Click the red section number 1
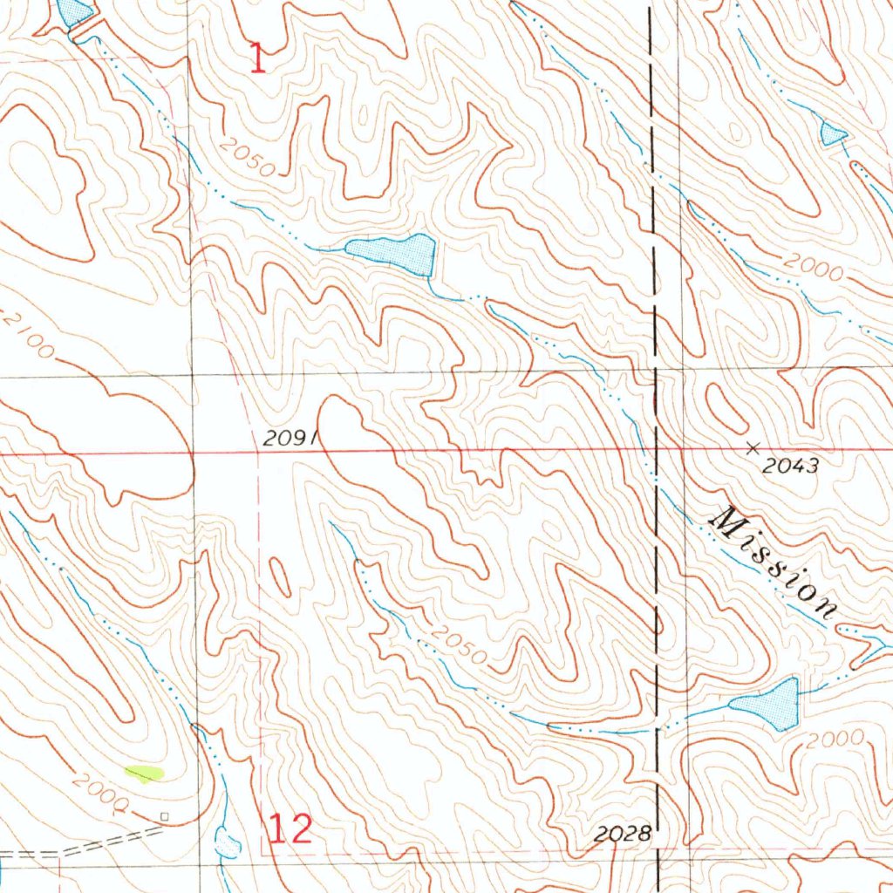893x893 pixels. click(257, 59)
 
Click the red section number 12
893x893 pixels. click(290, 829)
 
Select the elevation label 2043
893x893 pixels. click(790, 467)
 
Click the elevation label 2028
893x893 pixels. click(622, 835)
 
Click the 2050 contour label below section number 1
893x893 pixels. click(247, 157)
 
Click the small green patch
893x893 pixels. click(145, 772)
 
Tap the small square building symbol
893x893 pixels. click(164, 816)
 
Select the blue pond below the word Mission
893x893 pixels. click(769, 704)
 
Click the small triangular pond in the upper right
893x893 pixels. click(832, 133)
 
